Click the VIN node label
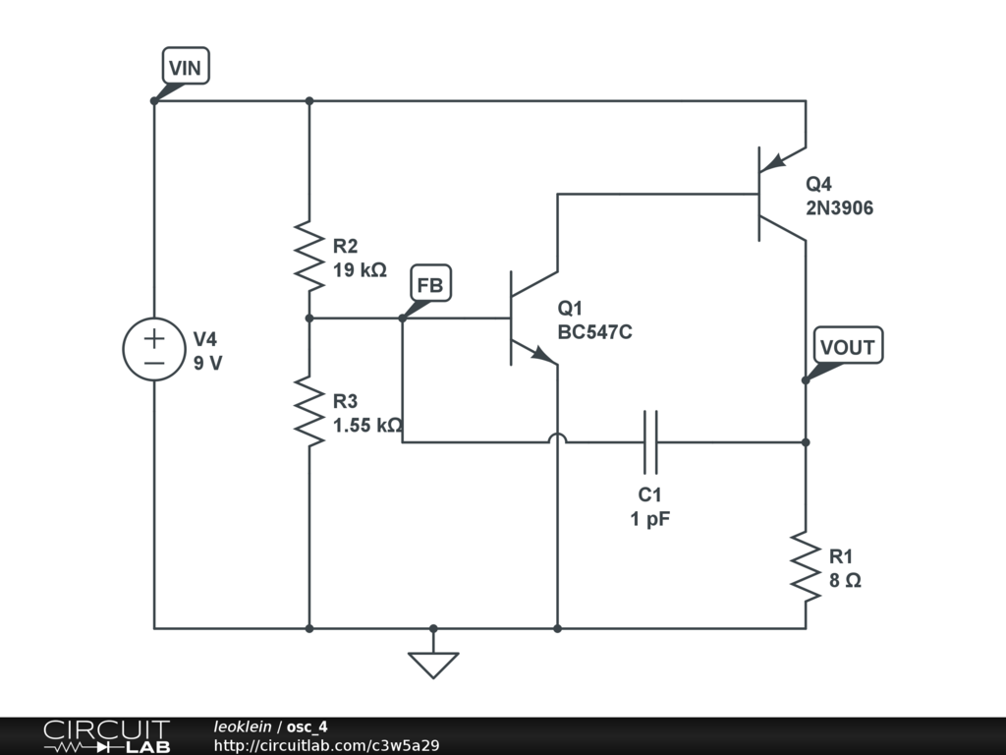click(186, 68)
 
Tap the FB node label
click(430, 286)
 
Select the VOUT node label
click(847, 347)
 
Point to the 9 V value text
click(207, 363)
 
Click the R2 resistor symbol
click(309, 256)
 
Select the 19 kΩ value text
click(360, 269)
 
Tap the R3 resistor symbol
click(309, 412)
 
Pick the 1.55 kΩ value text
click(367, 425)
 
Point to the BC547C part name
click(594, 332)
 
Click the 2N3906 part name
click(839, 208)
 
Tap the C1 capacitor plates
click(650, 442)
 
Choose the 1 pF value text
click(650, 519)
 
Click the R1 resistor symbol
click(806, 567)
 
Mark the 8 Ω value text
click(845, 580)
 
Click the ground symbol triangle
click(433, 665)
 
